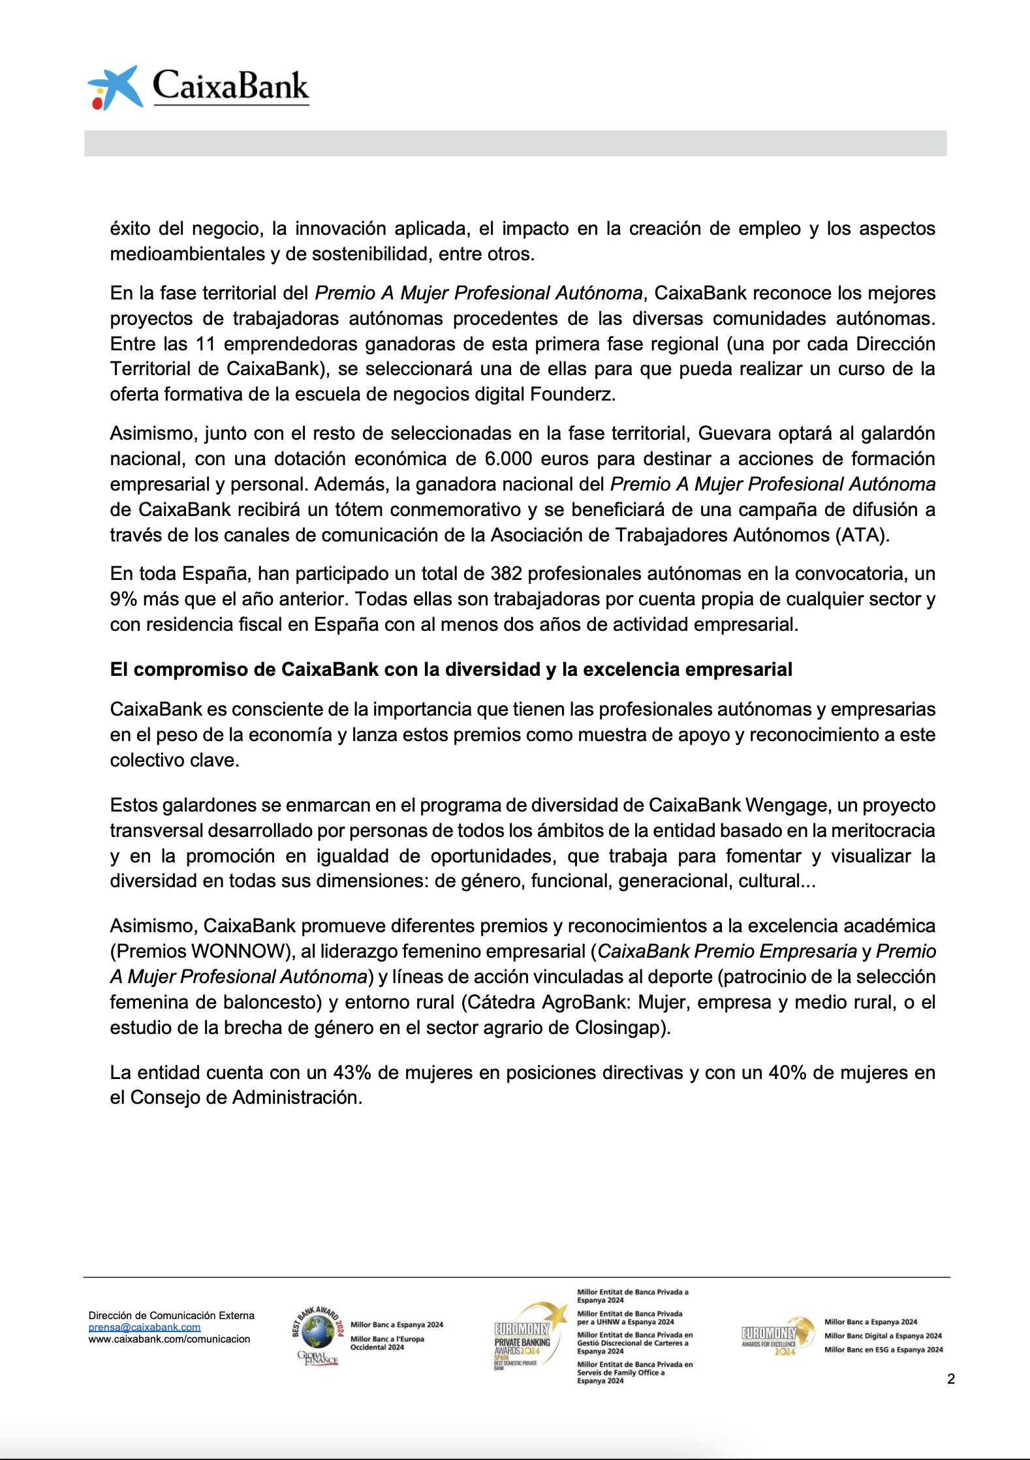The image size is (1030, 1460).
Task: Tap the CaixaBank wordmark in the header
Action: pyautogui.click(x=230, y=86)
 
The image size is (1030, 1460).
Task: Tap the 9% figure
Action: pyautogui.click(x=123, y=599)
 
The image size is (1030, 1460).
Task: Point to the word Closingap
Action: pyautogui.click(x=618, y=1027)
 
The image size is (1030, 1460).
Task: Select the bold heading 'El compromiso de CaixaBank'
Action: pyautogui.click(x=450, y=669)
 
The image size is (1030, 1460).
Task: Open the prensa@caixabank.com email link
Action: pyautogui.click(x=144, y=1328)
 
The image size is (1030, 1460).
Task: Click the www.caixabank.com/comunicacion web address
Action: pyautogui.click(x=169, y=1339)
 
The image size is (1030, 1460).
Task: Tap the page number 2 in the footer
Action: pyautogui.click(x=950, y=1378)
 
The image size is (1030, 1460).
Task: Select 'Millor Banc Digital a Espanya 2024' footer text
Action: pyautogui.click(x=883, y=1336)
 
